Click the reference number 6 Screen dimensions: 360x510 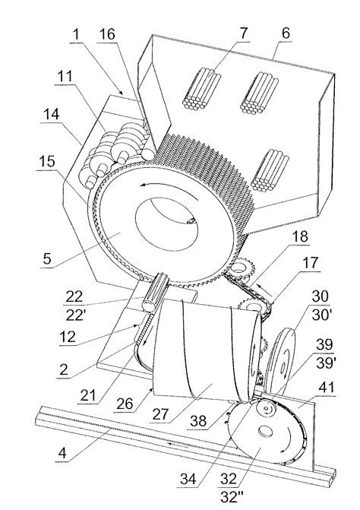click(286, 33)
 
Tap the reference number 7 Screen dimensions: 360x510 click(243, 33)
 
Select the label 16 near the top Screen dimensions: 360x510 click(107, 34)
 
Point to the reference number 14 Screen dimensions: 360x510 click(52, 115)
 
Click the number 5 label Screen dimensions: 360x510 click(47, 258)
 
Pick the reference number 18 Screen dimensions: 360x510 click(299, 236)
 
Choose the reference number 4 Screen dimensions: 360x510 click(62, 452)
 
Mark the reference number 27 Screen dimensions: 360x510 click(160, 414)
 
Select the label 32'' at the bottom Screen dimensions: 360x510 click(232, 496)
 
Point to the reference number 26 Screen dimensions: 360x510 click(125, 404)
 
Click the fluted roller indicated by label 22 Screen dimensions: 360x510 click(156, 293)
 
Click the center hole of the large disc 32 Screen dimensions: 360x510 click(266, 431)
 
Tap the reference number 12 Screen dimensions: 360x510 click(68, 337)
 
